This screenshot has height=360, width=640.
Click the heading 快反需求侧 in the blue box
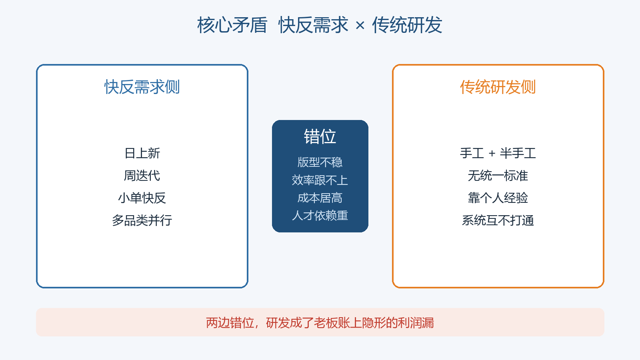[142, 87]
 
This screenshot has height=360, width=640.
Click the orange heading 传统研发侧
[498, 87]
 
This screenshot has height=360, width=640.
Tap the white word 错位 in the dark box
[320, 136]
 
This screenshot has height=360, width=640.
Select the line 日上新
[142, 153]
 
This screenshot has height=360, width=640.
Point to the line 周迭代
[142, 176]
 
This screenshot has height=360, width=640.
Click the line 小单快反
[142, 198]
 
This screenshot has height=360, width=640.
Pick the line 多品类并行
[142, 220]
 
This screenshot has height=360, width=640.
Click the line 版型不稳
[320, 162]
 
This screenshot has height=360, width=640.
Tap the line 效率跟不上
[320, 180]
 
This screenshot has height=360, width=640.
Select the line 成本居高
[320, 198]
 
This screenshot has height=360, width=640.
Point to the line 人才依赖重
[320, 216]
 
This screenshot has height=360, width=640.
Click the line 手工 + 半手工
[498, 153]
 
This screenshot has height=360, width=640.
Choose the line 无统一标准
[498, 176]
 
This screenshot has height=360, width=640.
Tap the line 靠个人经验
[498, 198]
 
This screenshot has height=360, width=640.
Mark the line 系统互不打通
[498, 220]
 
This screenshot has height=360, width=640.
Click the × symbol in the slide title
[360, 26]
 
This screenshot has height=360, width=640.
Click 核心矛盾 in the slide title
[232, 25]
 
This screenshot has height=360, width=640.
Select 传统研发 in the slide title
[407, 25]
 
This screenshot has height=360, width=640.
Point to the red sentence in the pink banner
[320, 323]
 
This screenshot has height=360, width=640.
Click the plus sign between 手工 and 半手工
[492, 154]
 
